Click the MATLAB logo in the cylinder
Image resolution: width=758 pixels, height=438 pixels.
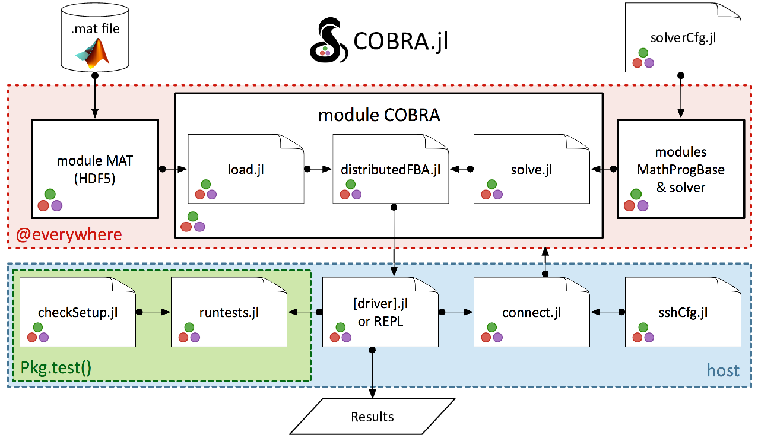click(93, 53)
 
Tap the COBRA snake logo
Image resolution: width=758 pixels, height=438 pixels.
click(329, 40)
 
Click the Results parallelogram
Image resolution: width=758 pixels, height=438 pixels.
click(372, 417)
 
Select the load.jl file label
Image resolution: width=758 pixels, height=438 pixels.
click(246, 170)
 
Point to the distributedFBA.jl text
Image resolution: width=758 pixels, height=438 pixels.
click(391, 170)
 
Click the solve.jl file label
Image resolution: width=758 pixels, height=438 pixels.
click(531, 170)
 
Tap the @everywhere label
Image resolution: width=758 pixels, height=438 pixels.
click(69, 234)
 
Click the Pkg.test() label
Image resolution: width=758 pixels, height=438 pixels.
click(56, 367)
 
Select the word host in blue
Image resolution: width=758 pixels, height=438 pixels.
click(723, 371)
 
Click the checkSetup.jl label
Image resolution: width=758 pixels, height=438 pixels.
click(78, 312)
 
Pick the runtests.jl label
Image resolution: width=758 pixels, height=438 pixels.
click(229, 312)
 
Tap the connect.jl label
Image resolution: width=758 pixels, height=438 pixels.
click(531, 312)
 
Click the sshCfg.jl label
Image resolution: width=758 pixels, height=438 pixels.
click(683, 312)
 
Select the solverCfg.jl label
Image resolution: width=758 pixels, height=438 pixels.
click(683, 38)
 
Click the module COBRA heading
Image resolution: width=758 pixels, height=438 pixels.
click(379, 115)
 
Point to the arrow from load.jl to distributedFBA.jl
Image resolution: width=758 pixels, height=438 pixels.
click(318, 169)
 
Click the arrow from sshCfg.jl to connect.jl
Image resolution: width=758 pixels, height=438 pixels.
click(607, 312)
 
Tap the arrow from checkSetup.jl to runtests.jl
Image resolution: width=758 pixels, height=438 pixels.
click(153, 312)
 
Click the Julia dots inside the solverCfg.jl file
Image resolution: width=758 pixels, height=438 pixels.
click(643, 58)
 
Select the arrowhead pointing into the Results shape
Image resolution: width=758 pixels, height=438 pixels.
click(372, 393)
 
